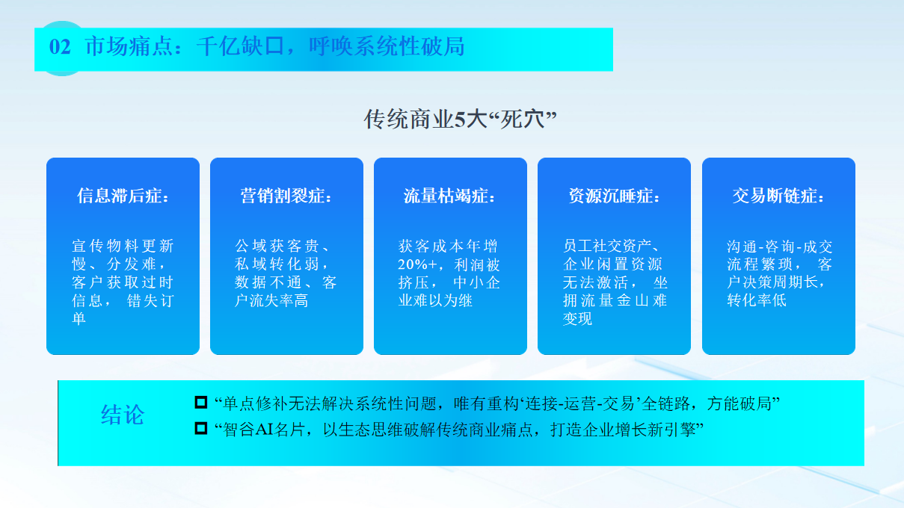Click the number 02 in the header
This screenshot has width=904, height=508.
pos(60,47)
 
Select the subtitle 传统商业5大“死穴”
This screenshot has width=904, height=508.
pos(460,120)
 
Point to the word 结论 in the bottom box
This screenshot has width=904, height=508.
pos(123,415)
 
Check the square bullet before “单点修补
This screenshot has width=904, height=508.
pos(201,403)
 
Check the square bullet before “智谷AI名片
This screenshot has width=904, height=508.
pos(201,428)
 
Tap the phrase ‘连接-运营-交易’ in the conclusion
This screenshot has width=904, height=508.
pos(579,403)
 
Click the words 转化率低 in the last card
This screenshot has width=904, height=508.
pos(757,300)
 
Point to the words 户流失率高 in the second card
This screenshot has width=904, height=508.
pos(271,301)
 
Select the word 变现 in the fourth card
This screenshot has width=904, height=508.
pos(577,318)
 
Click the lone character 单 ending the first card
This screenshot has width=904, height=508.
pos(79,318)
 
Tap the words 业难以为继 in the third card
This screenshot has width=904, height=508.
pos(435,301)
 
